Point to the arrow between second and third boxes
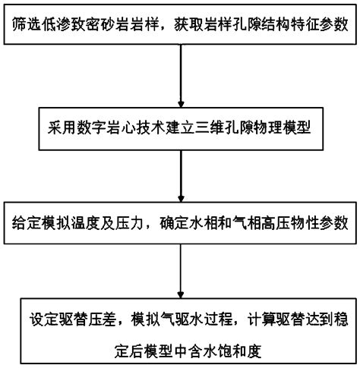181,174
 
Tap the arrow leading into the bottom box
181,269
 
